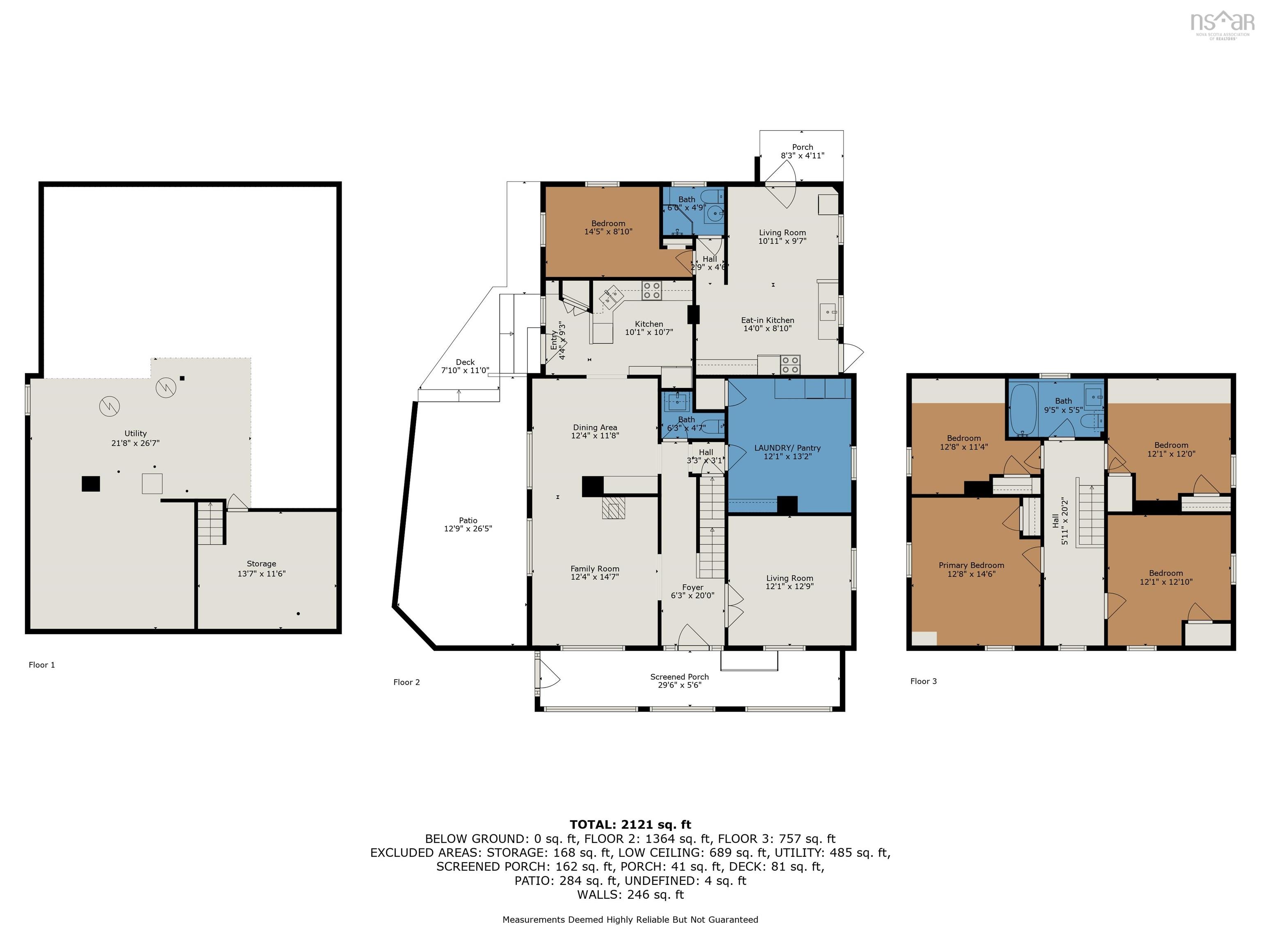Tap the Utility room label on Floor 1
136,438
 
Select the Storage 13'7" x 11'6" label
261,569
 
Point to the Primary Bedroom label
971,569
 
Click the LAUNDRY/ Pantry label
787,452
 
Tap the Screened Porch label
679,681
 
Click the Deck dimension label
465,370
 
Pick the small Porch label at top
802,151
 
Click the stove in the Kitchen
651,291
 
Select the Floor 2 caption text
406,682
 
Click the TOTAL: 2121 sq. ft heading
630,824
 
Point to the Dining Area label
595,432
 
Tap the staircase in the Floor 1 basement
210,523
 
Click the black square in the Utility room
91,484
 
